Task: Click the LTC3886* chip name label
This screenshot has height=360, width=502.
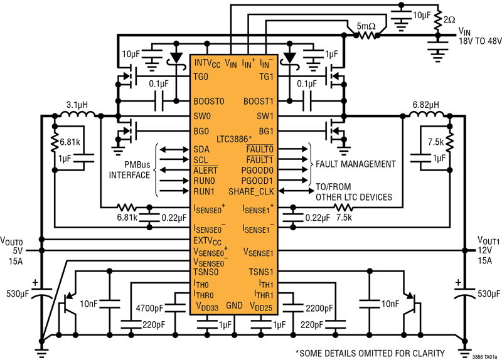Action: point(234,139)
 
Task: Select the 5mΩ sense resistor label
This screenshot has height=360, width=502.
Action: point(366,26)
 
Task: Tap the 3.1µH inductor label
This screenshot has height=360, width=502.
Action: point(77,105)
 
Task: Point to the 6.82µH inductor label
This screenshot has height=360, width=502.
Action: point(426,105)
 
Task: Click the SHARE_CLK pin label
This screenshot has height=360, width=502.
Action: point(252,192)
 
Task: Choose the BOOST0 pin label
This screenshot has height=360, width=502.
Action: point(209,102)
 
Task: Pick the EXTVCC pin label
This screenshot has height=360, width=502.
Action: point(207,241)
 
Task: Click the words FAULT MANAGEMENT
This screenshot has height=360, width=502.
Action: point(356,164)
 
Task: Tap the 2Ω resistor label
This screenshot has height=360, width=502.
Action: point(449,19)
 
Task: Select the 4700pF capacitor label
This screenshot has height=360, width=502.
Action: point(149,309)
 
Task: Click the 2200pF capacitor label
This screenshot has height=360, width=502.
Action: point(319,309)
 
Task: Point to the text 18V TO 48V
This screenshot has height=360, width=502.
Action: point(480,41)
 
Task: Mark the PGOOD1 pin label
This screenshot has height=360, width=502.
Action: point(257,181)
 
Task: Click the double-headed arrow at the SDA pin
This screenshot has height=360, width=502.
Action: point(174,149)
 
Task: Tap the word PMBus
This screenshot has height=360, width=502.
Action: point(137,165)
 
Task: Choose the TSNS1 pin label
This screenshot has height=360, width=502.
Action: point(261,272)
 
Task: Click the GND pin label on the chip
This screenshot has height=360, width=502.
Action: point(234,305)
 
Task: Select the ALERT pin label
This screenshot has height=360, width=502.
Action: point(205,170)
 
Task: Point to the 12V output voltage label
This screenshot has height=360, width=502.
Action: point(484,250)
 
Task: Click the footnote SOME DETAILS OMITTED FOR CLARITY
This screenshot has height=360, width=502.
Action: point(370,353)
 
